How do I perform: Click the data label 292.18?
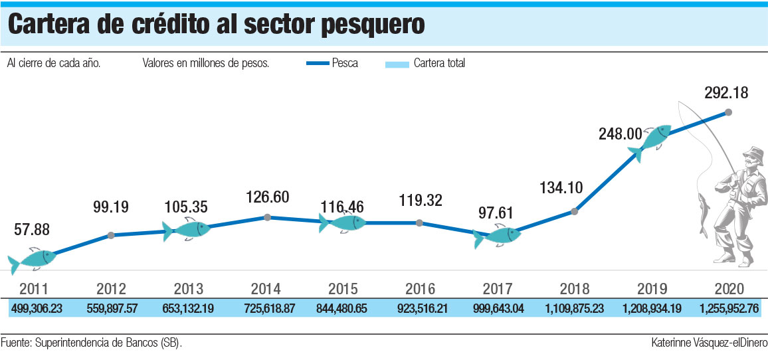[725, 93]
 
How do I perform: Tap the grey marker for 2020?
[729, 113]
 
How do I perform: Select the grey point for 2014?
[267, 217]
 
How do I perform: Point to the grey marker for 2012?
[111, 235]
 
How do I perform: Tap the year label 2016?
[420, 289]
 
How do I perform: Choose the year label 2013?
[189, 289]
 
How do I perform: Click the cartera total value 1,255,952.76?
[729, 309]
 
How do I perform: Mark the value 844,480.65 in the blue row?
[342, 309]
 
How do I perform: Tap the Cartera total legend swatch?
[396, 64]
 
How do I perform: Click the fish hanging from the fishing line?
[704, 210]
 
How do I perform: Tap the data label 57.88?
[32, 230]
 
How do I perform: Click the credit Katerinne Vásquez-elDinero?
[709, 343]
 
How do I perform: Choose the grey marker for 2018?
[575, 212]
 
